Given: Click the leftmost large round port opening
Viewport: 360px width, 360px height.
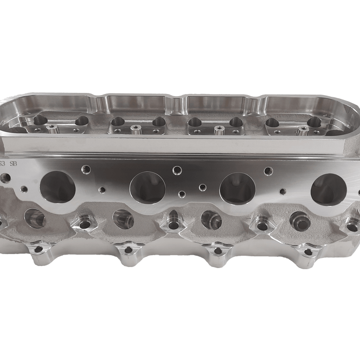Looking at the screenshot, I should [x=57, y=187].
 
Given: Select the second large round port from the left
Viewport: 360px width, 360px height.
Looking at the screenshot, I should [x=148, y=187].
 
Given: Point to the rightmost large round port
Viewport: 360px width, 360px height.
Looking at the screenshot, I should [x=328, y=189].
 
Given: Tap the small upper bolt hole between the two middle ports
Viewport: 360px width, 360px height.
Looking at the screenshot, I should [x=176, y=170].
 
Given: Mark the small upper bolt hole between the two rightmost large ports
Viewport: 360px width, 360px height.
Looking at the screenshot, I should [x=266, y=171].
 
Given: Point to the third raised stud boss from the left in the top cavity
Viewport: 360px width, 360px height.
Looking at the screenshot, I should [x=218, y=129].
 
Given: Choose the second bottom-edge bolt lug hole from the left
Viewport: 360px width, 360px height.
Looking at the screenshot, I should [x=128, y=250].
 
